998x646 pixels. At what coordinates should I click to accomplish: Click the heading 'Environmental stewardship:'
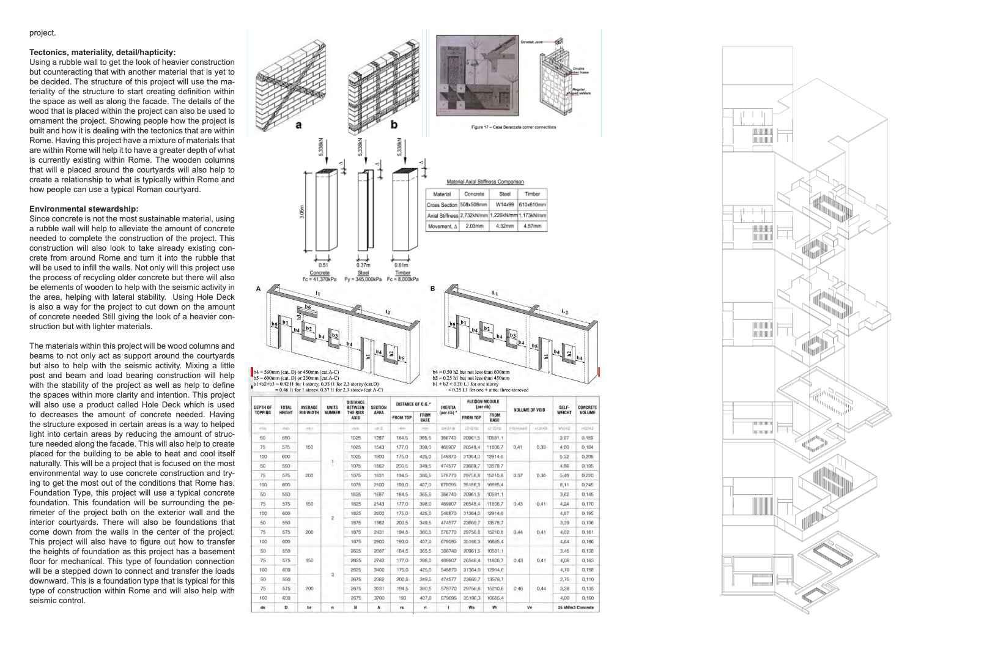84,209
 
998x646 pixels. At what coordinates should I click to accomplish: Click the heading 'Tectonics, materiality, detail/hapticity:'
102,53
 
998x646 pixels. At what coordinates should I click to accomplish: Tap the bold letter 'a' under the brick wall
298,125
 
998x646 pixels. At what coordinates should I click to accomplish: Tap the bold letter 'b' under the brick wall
394,125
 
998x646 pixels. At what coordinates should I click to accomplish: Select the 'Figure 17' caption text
513,127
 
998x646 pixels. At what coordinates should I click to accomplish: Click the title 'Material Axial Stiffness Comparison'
485,182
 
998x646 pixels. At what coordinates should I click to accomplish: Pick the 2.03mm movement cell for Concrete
474,226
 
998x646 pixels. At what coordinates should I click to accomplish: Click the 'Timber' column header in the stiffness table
532,194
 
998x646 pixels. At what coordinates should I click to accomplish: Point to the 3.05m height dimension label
303,212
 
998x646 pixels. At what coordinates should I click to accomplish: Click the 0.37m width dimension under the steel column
363,265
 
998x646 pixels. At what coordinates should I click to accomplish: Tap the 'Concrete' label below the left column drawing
319,273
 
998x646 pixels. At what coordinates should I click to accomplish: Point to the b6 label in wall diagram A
308,306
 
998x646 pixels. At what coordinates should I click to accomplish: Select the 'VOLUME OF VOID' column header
530,410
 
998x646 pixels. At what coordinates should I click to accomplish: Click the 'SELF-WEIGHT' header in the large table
564,410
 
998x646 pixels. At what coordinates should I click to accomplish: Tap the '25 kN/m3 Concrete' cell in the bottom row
577,607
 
